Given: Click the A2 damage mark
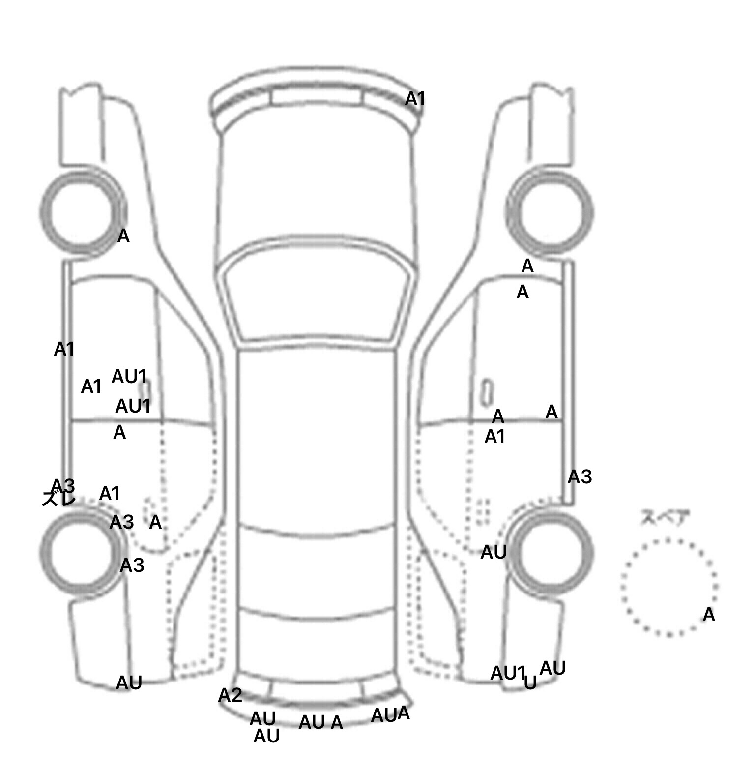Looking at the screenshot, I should click(x=230, y=695).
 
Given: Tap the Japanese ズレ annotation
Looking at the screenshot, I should click(x=58, y=499).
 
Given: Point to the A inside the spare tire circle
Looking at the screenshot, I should click(x=708, y=615).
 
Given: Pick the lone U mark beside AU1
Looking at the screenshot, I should click(x=530, y=682).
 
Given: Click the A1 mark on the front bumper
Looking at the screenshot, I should click(x=415, y=99).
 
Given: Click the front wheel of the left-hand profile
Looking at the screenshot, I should click(x=82, y=212).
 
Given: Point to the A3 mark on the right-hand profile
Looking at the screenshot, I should click(x=580, y=476).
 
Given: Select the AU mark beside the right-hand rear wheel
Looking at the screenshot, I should click(x=493, y=552).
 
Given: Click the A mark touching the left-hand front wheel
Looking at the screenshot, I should click(x=123, y=237).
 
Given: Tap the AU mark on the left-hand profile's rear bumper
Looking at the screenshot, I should click(x=129, y=682).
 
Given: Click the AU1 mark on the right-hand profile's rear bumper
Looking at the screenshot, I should click(x=508, y=673).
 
